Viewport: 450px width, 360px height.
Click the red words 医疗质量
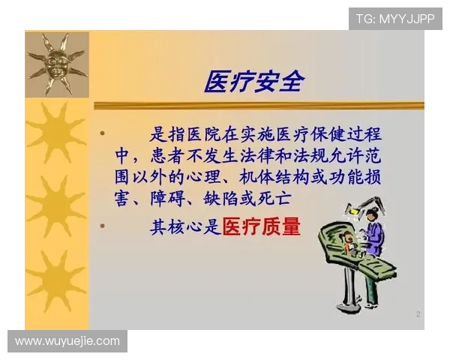(x=261, y=226)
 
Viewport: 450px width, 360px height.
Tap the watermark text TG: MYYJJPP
(x=395, y=18)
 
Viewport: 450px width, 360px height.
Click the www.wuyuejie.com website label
(x=67, y=341)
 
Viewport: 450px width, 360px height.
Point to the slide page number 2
(x=418, y=314)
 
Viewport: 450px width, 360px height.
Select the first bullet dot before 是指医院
(x=102, y=133)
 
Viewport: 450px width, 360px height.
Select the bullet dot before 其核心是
(x=102, y=224)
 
